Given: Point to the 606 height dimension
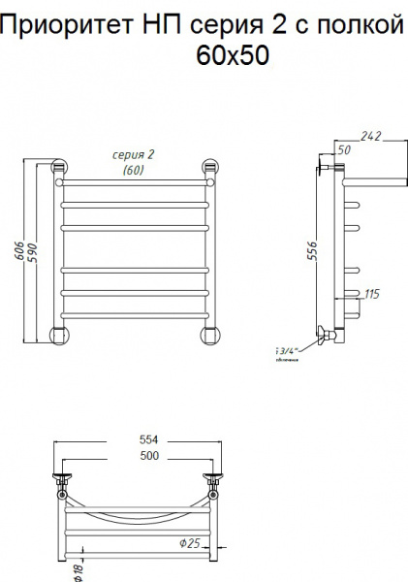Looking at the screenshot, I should point(20,249).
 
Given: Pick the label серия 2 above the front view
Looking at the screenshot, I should point(134,156).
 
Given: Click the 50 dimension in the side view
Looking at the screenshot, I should point(343,148).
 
